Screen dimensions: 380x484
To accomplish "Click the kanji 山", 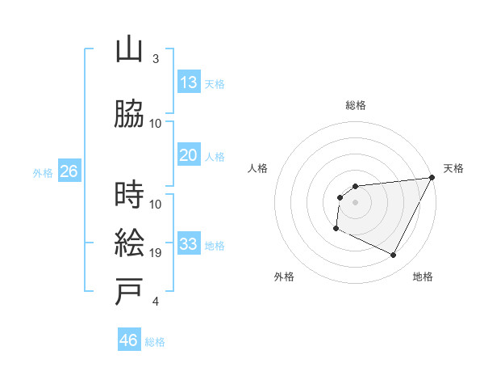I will click(130, 50).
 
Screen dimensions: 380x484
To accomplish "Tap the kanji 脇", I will click(130, 115).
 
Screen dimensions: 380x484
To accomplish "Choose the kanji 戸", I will click(130, 292).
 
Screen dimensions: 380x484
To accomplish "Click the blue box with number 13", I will click(189, 82).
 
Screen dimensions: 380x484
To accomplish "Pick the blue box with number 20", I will click(189, 155).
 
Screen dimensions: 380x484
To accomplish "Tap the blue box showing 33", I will click(189, 244).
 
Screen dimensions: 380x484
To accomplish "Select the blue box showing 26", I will click(69, 171).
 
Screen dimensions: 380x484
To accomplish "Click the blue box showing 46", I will click(129, 340).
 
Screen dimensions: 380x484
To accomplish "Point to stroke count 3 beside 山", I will click(156, 59).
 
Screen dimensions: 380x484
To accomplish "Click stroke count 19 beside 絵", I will click(156, 253).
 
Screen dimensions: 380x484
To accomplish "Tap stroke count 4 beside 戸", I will click(156, 302).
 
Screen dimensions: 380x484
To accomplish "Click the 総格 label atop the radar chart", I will click(356, 105).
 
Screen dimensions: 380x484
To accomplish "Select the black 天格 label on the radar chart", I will click(453, 168).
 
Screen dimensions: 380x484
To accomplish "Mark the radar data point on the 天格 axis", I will click(433, 178).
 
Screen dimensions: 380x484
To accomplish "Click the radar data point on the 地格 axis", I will click(394, 255).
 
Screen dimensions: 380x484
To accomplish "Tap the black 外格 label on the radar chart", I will click(284, 277).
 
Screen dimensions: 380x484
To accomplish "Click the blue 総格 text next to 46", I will click(155, 342).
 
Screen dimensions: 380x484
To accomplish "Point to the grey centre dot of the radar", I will click(355, 202).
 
